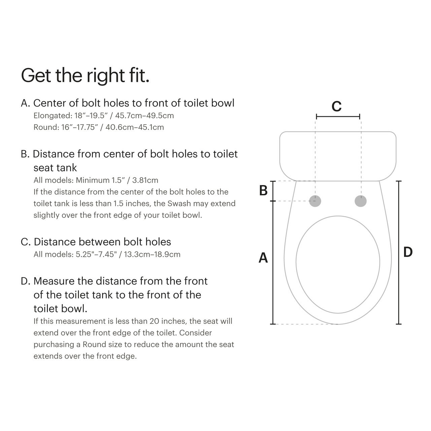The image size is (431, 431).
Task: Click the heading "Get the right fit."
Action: pyautogui.click(x=85, y=75)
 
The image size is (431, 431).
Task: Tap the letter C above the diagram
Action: pyautogui.click(x=336, y=106)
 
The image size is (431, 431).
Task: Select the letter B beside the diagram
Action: pyautogui.click(x=263, y=191)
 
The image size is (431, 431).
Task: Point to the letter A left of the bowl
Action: pyautogui.click(x=263, y=258)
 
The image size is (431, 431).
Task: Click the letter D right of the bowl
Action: pyautogui.click(x=408, y=252)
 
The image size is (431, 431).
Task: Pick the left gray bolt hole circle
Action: pyautogui.click(x=315, y=201)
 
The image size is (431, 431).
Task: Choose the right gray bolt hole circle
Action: pyautogui.click(x=361, y=201)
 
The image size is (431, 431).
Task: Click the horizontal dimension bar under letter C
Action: pyautogui.click(x=338, y=117)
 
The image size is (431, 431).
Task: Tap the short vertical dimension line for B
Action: pyautogui.click(x=273, y=191)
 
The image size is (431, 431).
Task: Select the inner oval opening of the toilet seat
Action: pyautogui.click(x=338, y=264)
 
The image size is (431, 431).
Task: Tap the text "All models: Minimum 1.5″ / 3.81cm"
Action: pyautogui.click(x=96, y=180)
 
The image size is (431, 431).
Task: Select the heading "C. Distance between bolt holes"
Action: pyautogui.click(x=96, y=242)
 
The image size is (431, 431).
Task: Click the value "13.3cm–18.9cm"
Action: pyautogui.click(x=152, y=254)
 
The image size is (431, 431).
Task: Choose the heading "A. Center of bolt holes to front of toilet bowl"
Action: pyautogui.click(x=128, y=103)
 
